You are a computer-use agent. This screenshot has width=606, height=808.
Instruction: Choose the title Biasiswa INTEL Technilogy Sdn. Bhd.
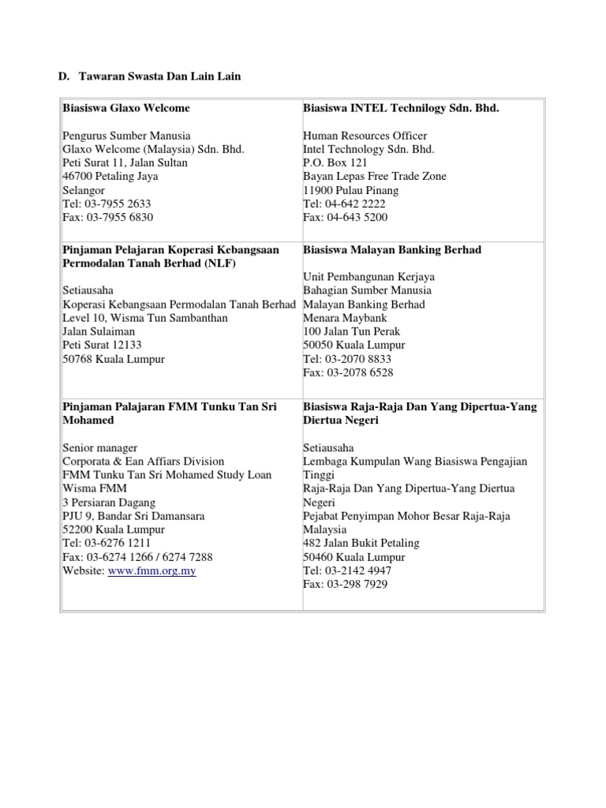click(401, 108)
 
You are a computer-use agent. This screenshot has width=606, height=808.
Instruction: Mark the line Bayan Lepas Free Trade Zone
click(374, 176)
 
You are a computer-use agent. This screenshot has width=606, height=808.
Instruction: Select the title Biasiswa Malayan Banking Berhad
click(391, 250)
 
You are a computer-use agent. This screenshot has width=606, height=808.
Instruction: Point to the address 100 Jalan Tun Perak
click(353, 331)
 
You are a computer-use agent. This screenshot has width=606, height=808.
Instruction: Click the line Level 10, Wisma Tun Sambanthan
click(145, 318)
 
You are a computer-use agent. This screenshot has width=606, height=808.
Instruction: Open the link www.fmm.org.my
click(151, 570)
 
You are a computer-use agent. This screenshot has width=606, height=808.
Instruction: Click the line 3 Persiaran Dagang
click(109, 502)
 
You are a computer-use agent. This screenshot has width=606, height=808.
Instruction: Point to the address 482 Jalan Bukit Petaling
click(361, 543)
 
